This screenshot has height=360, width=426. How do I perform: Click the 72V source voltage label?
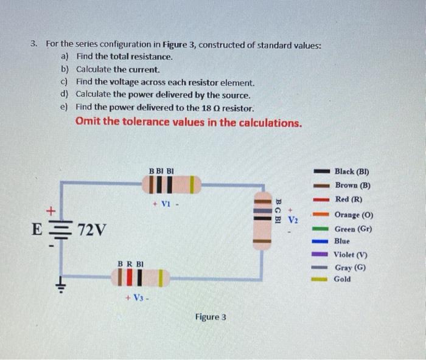point(92,230)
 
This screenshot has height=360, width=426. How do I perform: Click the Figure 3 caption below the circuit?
point(211,317)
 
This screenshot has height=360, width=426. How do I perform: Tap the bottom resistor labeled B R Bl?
point(139,279)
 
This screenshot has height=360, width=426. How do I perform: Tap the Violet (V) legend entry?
point(351,255)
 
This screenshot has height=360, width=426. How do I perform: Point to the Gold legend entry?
point(343,280)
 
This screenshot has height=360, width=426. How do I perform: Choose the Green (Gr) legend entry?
point(353,229)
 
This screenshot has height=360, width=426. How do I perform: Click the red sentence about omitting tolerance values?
point(189,122)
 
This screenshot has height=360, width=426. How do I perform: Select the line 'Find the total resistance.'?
point(125,57)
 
